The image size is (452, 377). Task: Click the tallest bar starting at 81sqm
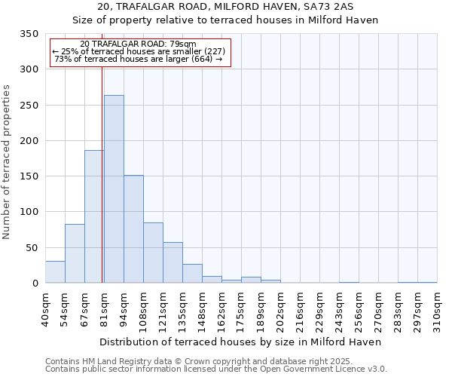[x=114, y=189]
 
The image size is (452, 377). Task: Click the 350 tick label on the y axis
[x=29, y=34]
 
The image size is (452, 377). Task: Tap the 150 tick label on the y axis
[x=29, y=176]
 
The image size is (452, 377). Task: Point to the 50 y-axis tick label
[x=32, y=247]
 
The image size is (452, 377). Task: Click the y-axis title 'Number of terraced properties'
[x=7, y=162]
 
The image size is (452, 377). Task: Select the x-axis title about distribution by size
[x=240, y=342]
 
